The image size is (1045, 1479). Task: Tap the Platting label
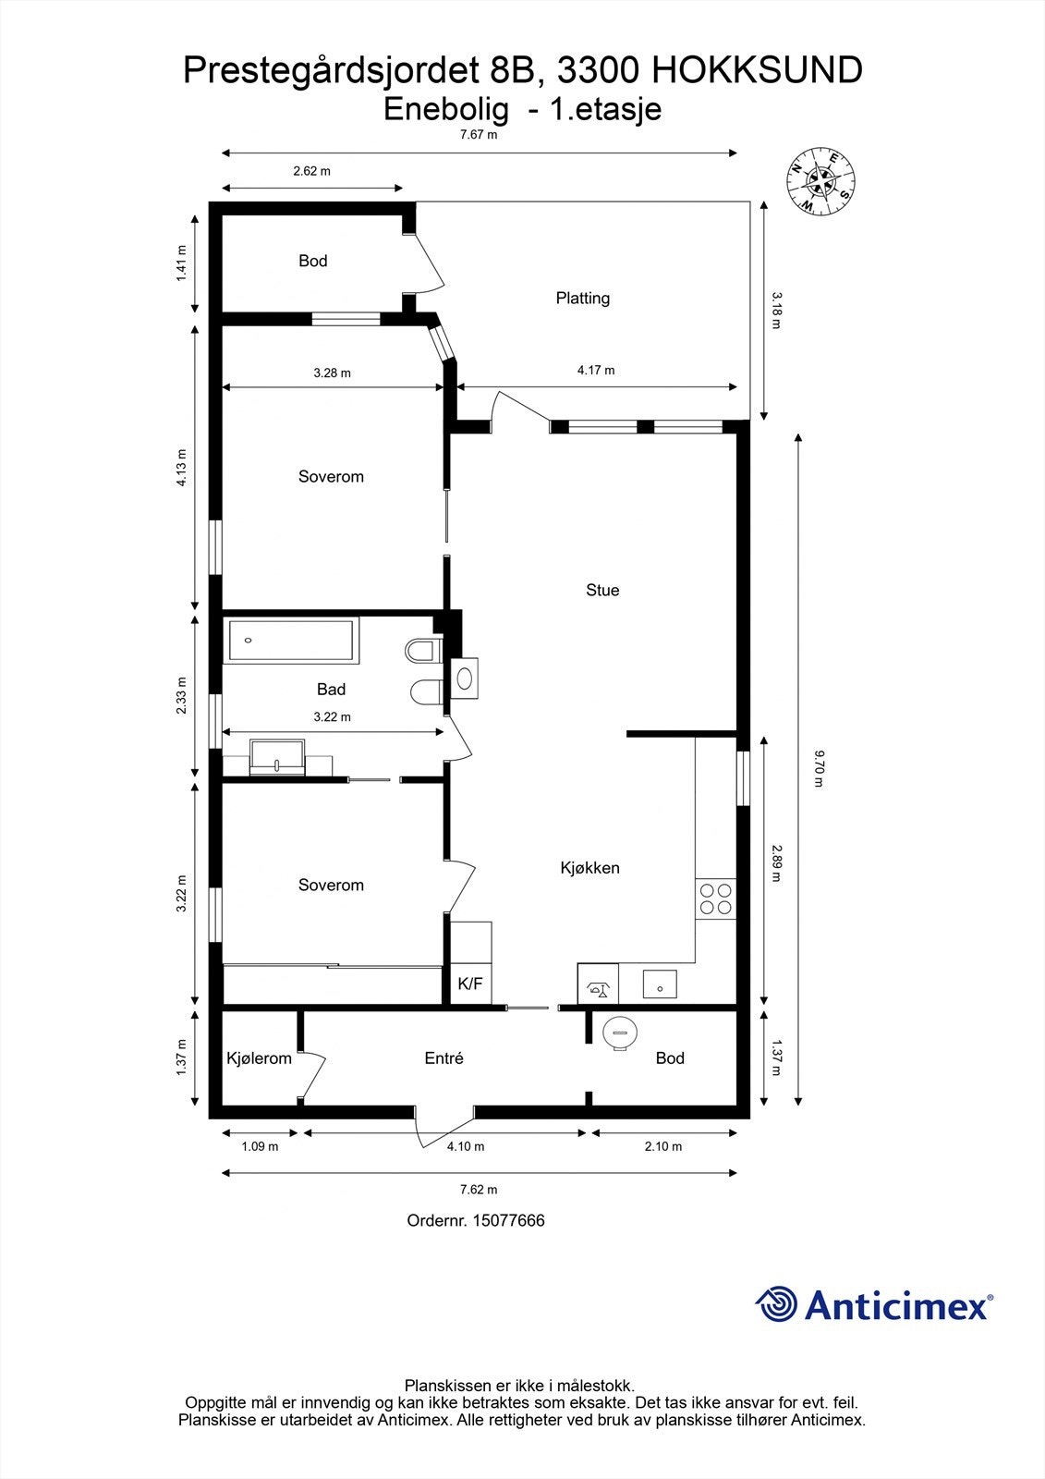tap(583, 298)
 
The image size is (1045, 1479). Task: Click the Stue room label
tap(602, 590)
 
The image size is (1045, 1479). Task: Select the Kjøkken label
tap(589, 868)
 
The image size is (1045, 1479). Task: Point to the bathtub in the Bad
tap(291, 641)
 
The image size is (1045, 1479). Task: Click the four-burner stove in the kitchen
tap(716, 898)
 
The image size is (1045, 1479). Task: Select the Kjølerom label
tap(259, 1058)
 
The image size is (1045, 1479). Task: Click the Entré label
tap(444, 1058)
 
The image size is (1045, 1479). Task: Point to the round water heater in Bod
tap(619, 1032)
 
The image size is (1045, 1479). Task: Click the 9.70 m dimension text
tap(818, 768)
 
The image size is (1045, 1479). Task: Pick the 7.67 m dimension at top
tap(479, 135)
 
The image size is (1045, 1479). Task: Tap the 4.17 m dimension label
tap(596, 370)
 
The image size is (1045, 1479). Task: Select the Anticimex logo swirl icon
tap(776, 1304)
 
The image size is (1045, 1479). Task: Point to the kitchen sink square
tap(661, 984)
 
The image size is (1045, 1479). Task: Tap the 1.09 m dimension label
tap(260, 1146)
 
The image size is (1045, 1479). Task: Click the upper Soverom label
tap(331, 477)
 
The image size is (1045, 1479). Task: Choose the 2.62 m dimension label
tap(311, 171)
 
